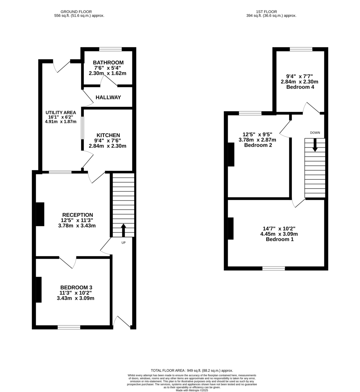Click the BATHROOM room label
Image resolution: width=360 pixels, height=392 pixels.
click(108, 63)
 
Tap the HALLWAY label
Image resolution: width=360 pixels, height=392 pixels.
click(108, 97)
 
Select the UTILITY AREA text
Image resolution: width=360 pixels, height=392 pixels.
click(61, 113)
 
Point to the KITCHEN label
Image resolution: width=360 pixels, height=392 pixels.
click(108, 135)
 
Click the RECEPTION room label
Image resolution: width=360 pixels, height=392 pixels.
click(77, 215)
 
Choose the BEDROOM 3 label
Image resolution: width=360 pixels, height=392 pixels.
click(76, 287)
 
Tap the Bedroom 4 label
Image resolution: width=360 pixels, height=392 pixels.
click(300, 87)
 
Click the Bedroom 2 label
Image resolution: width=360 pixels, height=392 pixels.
click(258, 145)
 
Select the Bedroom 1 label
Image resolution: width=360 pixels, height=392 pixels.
click(279, 239)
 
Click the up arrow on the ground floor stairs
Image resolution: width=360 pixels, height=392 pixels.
click(123, 230)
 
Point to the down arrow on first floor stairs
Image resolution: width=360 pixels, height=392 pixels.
click(315, 145)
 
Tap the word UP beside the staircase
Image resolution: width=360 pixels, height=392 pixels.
click(123, 243)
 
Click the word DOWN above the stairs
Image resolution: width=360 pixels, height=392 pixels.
click(315, 133)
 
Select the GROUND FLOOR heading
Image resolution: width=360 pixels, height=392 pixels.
click(76, 11)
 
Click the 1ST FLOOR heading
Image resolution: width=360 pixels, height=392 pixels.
click(272, 11)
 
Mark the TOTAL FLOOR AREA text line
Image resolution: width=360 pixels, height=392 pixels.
click(192, 370)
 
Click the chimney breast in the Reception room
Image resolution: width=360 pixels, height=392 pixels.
click(40, 214)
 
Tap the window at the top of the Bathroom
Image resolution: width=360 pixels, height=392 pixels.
click(110, 49)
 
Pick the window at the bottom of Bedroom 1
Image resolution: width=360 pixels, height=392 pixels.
click(274, 269)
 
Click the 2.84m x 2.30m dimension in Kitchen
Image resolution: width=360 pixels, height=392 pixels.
click(107, 146)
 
